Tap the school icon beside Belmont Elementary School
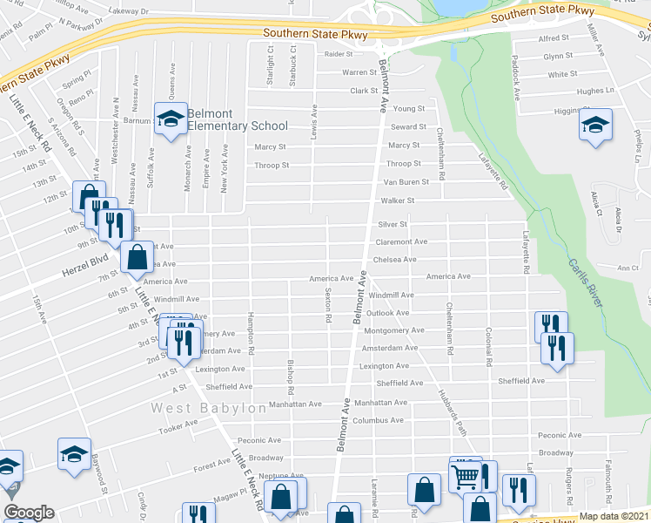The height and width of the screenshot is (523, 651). (x=171, y=119)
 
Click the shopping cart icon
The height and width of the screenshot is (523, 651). (x=466, y=476)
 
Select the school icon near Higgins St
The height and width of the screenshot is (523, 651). (x=596, y=125)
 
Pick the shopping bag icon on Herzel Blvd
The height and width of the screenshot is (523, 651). (x=138, y=257)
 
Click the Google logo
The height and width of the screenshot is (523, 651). (x=29, y=513)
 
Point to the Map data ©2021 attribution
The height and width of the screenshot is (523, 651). (x=614, y=516)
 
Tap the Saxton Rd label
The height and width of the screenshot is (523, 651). (x=329, y=306)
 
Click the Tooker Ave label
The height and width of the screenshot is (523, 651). (x=178, y=426)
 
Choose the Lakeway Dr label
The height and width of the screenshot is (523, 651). (x=130, y=11)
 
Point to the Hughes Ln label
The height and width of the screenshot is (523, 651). (x=595, y=91)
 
